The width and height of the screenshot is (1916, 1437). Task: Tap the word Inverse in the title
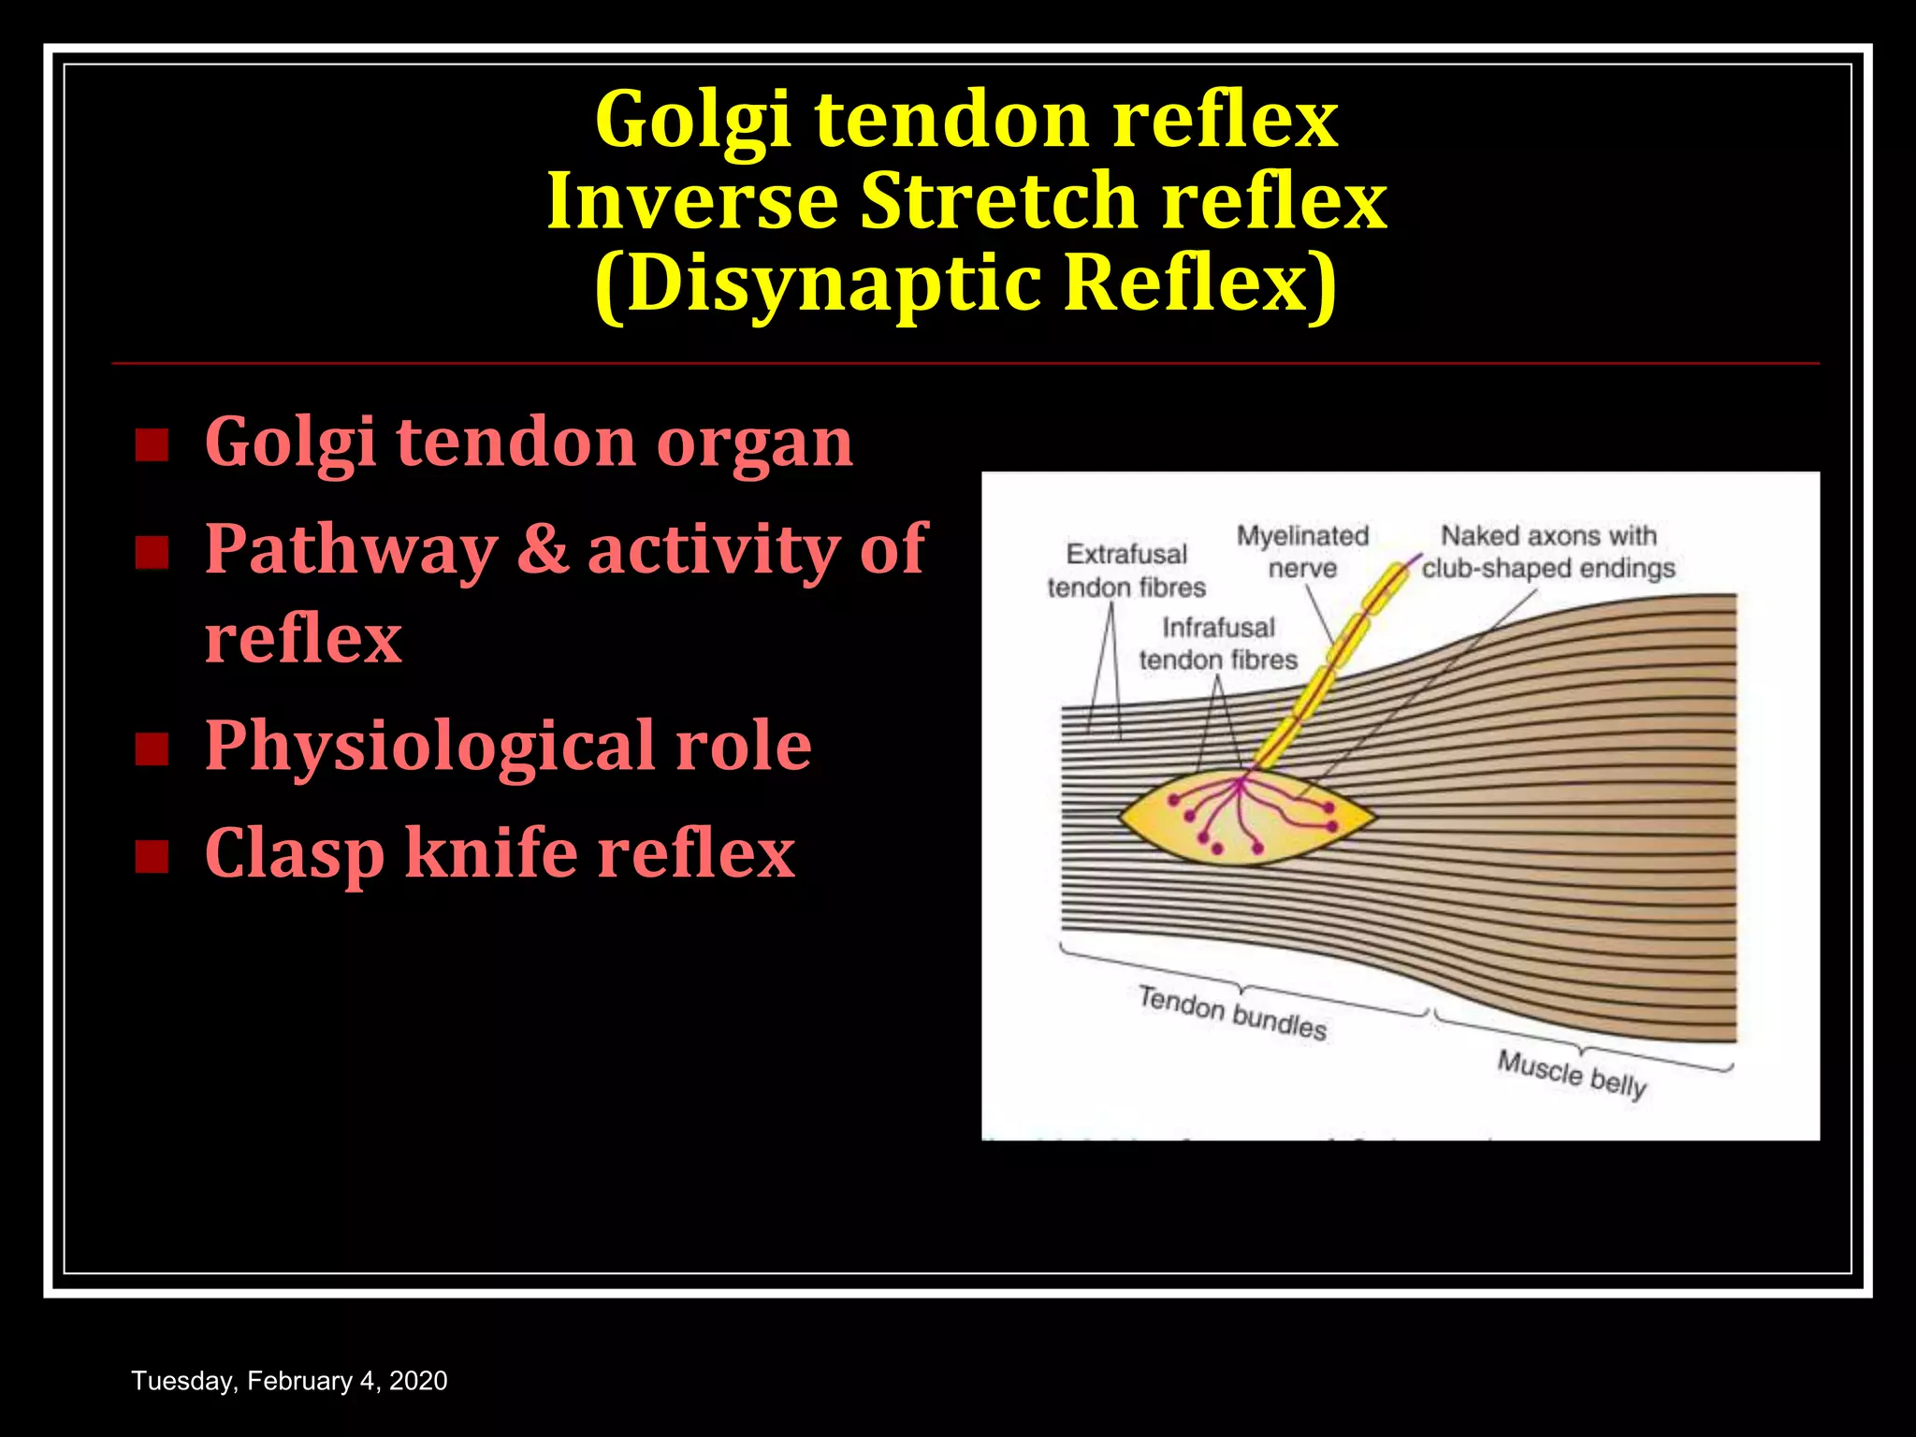[x=692, y=201]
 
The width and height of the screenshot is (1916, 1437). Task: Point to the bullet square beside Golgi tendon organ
[x=152, y=445]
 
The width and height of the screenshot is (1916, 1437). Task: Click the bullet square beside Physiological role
[x=152, y=749]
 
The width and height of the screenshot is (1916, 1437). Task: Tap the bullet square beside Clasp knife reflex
[x=152, y=856]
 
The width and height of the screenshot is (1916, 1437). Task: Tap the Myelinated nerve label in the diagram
[x=1302, y=552]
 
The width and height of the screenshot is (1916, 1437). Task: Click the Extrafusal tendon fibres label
[x=1126, y=571]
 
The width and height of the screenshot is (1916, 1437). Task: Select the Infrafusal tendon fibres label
[x=1218, y=644]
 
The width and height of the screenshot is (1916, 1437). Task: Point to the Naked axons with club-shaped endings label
[x=1548, y=552]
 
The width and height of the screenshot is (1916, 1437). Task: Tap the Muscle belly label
[x=1572, y=1074]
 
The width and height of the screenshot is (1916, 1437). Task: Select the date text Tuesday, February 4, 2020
[x=289, y=1381]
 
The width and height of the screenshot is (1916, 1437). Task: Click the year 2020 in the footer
[x=418, y=1381]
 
